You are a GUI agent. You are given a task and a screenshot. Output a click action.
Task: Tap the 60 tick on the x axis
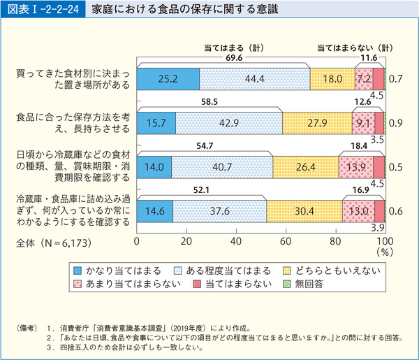click(286, 241)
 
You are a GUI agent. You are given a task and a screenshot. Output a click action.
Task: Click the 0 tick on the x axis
click(138, 241)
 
